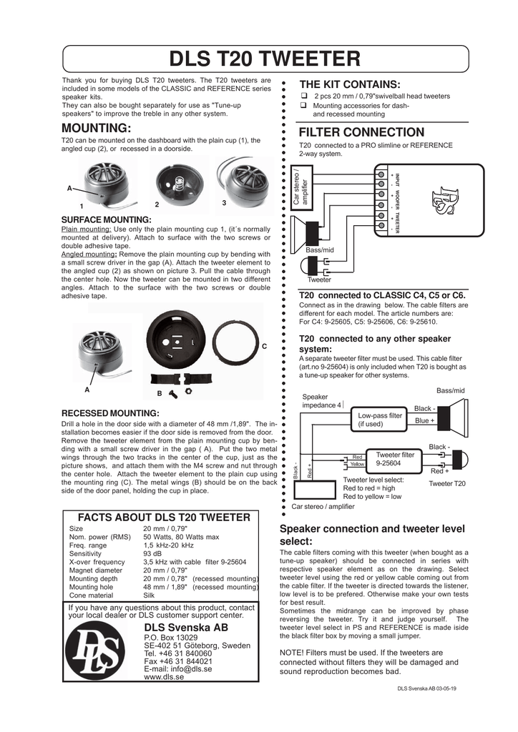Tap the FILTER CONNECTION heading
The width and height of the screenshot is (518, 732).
(x=361, y=132)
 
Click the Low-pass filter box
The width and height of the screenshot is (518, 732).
(x=381, y=420)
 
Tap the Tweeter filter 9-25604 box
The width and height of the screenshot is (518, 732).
(x=395, y=458)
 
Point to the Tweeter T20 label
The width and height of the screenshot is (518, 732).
(x=446, y=484)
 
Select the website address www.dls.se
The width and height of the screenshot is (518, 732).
(x=164, y=676)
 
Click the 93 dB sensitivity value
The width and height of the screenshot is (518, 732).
(x=151, y=553)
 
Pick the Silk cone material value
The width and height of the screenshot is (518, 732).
(x=150, y=595)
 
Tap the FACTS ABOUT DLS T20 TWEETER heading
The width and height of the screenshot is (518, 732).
(x=164, y=518)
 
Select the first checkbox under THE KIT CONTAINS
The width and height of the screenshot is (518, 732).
(x=303, y=96)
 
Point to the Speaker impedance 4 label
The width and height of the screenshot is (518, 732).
(x=322, y=400)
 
